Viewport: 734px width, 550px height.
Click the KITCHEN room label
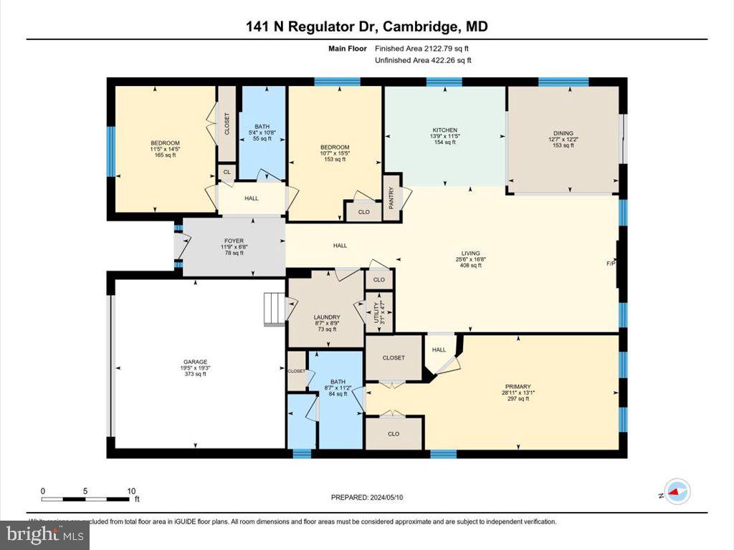pyautogui.click(x=444, y=130)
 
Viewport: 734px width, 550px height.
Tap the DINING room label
pyautogui.click(x=562, y=133)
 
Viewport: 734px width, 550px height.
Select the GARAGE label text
pyautogui.click(x=194, y=362)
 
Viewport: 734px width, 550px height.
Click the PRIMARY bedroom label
pyautogui.click(x=515, y=386)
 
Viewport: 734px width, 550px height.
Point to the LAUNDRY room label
pyautogui.click(x=326, y=317)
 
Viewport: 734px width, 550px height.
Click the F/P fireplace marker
pyautogui.click(x=611, y=264)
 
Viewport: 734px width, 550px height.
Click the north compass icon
pyautogui.click(x=677, y=491)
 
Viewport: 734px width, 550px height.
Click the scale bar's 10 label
pyautogui.click(x=131, y=491)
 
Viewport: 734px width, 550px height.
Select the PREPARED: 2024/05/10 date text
pyautogui.click(x=371, y=497)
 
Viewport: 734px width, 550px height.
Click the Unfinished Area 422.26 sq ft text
pyautogui.click(x=423, y=60)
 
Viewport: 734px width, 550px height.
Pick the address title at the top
pyautogui.click(x=367, y=26)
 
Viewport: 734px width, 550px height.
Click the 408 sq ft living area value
pyautogui.click(x=470, y=265)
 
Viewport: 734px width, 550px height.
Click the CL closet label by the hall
pyautogui.click(x=227, y=173)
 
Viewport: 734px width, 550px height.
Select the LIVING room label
pyautogui.click(x=470, y=253)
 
